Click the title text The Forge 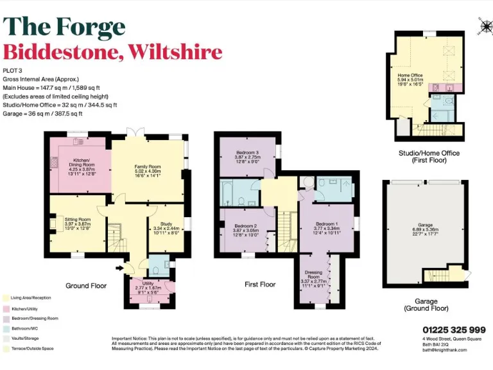click(64, 26)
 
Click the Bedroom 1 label click(325, 222)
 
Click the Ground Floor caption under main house click(86, 285)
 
